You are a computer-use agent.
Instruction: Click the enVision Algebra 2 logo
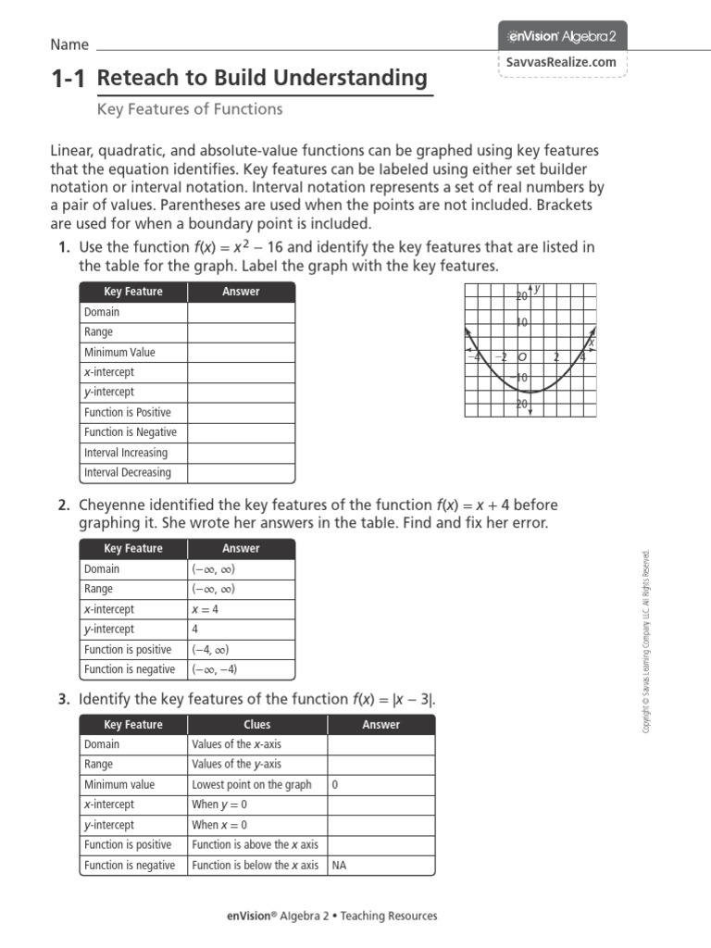pyautogui.click(x=563, y=36)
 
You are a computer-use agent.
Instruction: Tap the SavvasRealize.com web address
pyautogui.click(x=562, y=62)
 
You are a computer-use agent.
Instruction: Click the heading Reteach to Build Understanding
pyautogui.click(x=262, y=79)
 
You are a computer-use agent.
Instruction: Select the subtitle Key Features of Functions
pyautogui.click(x=190, y=109)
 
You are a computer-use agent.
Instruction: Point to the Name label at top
pyautogui.click(x=69, y=44)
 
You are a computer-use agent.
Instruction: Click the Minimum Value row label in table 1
pyautogui.click(x=119, y=352)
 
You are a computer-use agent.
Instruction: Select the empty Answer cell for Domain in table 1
pyautogui.click(x=241, y=312)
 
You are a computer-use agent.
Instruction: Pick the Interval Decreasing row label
pyautogui.click(x=127, y=472)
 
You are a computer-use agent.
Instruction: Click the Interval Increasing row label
pyautogui.click(x=126, y=453)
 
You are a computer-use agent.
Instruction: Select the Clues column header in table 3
pyautogui.click(x=256, y=725)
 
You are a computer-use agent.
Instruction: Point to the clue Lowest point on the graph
pyautogui.click(x=251, y=784)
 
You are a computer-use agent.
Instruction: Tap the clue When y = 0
pyautogui.click(x=219, y=805)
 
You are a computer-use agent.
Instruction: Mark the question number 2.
pyautogui.click(x=64, y=505)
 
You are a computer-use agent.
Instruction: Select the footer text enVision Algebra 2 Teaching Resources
pyautogui.click(x=332, y=916)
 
